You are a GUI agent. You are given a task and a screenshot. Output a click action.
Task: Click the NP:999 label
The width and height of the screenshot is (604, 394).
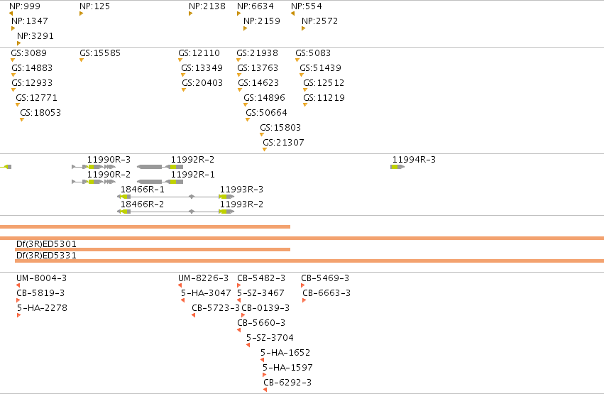coord(25,6)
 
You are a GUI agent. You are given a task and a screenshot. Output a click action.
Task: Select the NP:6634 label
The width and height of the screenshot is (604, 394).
coord(256,6)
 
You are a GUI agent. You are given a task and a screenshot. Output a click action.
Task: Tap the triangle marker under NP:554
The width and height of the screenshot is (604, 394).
coord(292,13)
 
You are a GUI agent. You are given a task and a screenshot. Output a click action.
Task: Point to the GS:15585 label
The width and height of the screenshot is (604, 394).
coord(100,53)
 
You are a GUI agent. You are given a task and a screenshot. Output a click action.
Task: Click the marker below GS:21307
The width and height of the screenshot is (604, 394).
coord(265,149)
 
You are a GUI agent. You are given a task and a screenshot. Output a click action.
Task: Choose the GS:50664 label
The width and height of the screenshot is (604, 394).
coord(267,112)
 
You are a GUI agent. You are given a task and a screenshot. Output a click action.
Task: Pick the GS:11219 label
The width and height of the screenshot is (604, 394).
coord(324,97)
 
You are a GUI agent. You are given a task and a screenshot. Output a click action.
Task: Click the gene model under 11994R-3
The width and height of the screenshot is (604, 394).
coord(397,167)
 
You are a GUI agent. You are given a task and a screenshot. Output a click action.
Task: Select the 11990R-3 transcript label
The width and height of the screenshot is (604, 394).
coord(109,160)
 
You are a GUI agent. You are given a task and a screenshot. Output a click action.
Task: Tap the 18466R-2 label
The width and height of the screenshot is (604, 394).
coord(142,204)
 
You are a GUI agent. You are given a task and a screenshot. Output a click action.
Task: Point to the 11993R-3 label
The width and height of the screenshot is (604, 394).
coord(241,189)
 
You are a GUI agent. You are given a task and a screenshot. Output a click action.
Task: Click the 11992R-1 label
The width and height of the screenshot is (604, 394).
coord(192,174)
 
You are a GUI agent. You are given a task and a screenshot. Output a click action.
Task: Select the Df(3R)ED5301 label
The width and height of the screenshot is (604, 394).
coord(46,243)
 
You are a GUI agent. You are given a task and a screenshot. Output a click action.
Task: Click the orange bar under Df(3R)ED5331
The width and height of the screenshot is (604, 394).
coord(309,261)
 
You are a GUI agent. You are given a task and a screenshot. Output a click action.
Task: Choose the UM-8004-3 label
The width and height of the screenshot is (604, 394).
coord(42,278)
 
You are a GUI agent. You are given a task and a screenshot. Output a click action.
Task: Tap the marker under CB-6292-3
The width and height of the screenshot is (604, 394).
coord(265,390)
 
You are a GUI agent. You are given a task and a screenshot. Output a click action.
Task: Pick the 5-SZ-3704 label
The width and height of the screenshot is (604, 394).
coord(270,337)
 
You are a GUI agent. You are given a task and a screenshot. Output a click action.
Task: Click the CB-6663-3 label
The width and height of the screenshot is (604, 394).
coord(326,292)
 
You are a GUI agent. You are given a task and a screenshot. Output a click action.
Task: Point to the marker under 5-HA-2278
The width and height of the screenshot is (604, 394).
coord(18,315)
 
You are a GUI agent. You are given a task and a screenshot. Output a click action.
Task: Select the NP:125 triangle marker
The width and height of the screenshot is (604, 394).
coord(82,13)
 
